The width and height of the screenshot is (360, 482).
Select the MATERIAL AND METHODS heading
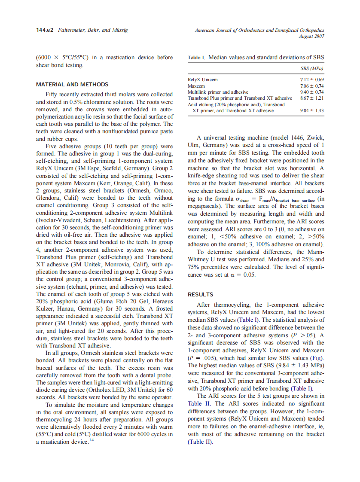tap(72, 85)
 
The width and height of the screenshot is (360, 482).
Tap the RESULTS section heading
tap(200, 295)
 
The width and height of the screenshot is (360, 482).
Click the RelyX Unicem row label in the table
tap(203, 79)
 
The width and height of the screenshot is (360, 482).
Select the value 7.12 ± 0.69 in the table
tap(311, 79)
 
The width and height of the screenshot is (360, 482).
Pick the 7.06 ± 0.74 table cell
tap(311, 86)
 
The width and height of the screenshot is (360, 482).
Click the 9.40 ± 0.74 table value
tap(311, 92)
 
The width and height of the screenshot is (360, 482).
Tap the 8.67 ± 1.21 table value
tap(311, 98)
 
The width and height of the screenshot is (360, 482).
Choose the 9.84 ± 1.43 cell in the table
tap(311, 110)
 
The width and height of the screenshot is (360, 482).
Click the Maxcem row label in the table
tap(196, 86)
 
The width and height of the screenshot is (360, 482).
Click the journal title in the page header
tap(259, 31)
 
